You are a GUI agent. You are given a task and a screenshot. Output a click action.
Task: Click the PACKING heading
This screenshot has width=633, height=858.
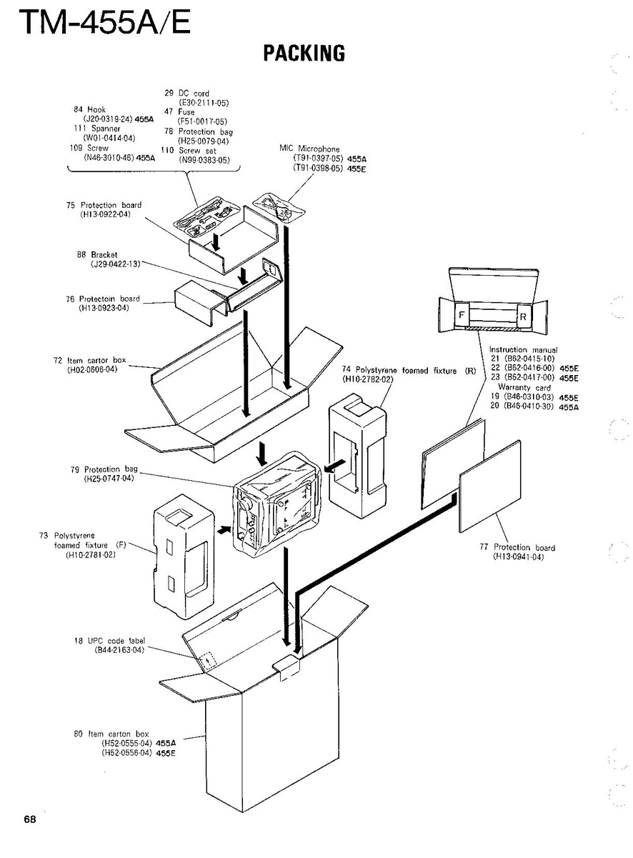304,53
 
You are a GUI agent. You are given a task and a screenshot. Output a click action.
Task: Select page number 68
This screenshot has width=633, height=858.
29,819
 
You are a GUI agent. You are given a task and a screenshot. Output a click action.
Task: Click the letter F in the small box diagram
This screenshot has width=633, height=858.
462,314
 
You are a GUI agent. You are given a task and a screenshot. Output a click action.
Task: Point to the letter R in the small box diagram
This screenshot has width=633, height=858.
522,315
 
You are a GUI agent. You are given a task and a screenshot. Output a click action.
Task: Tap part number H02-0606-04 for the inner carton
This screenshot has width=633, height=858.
92,369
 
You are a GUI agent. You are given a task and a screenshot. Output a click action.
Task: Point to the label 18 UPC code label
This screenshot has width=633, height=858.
109,641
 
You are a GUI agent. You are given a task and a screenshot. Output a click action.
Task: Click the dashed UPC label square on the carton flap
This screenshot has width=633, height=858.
206,659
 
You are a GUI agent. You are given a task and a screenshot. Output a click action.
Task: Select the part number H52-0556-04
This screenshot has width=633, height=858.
128,753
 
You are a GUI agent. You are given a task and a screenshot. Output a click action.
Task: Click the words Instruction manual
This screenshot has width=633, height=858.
523,350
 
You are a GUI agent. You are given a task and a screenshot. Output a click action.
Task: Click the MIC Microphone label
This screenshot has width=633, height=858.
309,149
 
